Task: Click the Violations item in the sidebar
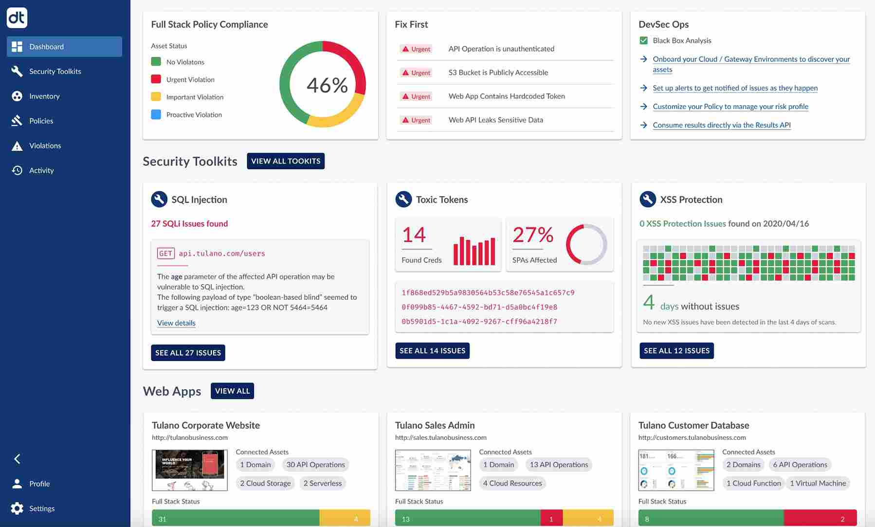[45, 145]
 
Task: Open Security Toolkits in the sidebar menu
[55, 71]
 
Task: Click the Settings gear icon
[17, 508]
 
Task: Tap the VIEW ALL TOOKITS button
[286, 161]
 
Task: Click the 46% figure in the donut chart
[327, 85]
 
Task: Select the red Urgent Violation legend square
[156, 79]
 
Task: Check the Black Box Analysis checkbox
[643, 40]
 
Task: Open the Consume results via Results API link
[721, 125]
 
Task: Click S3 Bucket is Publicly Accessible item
[498, 73]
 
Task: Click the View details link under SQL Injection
[176, 323]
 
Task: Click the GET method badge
[165, 253]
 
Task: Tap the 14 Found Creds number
[414, 235]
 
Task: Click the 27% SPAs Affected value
[533, 235]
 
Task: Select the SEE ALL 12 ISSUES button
[676, 350]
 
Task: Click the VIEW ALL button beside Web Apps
[232, 391]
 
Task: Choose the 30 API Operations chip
[315, 465]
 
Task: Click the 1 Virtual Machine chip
[818, 483]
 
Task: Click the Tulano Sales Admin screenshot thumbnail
[433, 470]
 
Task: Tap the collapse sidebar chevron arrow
[17, 458]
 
